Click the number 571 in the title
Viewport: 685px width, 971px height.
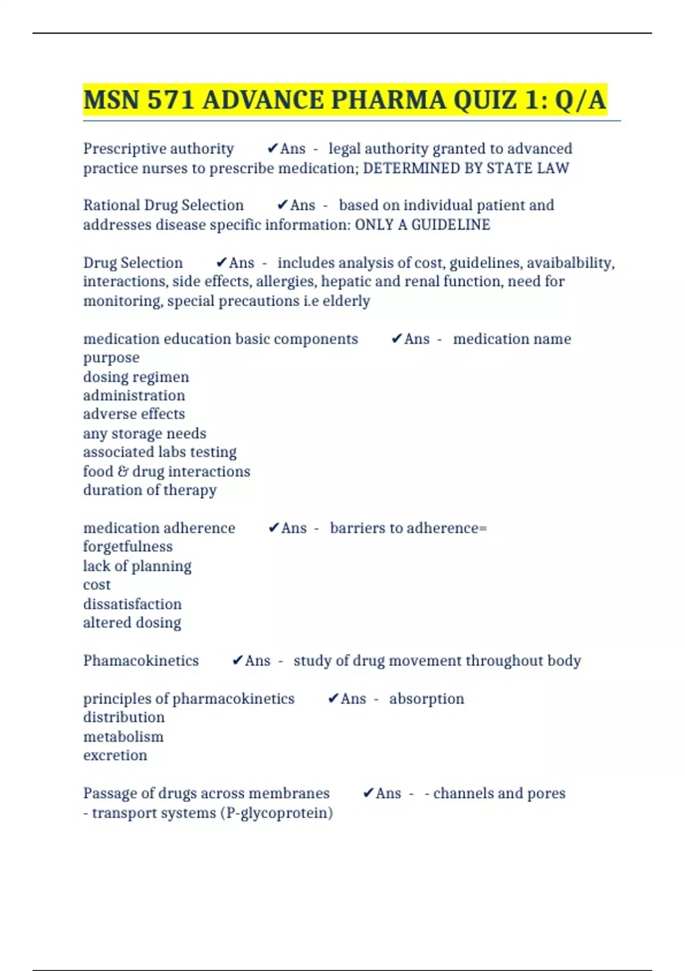tap(171, 100)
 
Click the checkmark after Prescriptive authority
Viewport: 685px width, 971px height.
tap(272, 149)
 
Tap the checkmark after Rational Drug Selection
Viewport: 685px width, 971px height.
tap(282, 205)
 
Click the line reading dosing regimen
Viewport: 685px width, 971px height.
tap(136, 377)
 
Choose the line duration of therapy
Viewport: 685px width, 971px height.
tap(150, 490)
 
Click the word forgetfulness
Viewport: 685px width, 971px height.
tap(128, 547)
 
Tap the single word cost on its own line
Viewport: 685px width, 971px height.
tap(97, 585)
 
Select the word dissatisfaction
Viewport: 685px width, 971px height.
tap(132, 604)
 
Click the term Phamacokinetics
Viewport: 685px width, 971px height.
tap(141, 660)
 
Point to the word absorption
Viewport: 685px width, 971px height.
tap(426, 699)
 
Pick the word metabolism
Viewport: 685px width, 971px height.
tap(123, 736)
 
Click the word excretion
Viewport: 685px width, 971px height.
tap(115, 755)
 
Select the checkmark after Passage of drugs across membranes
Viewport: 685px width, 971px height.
tap(368, 793)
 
